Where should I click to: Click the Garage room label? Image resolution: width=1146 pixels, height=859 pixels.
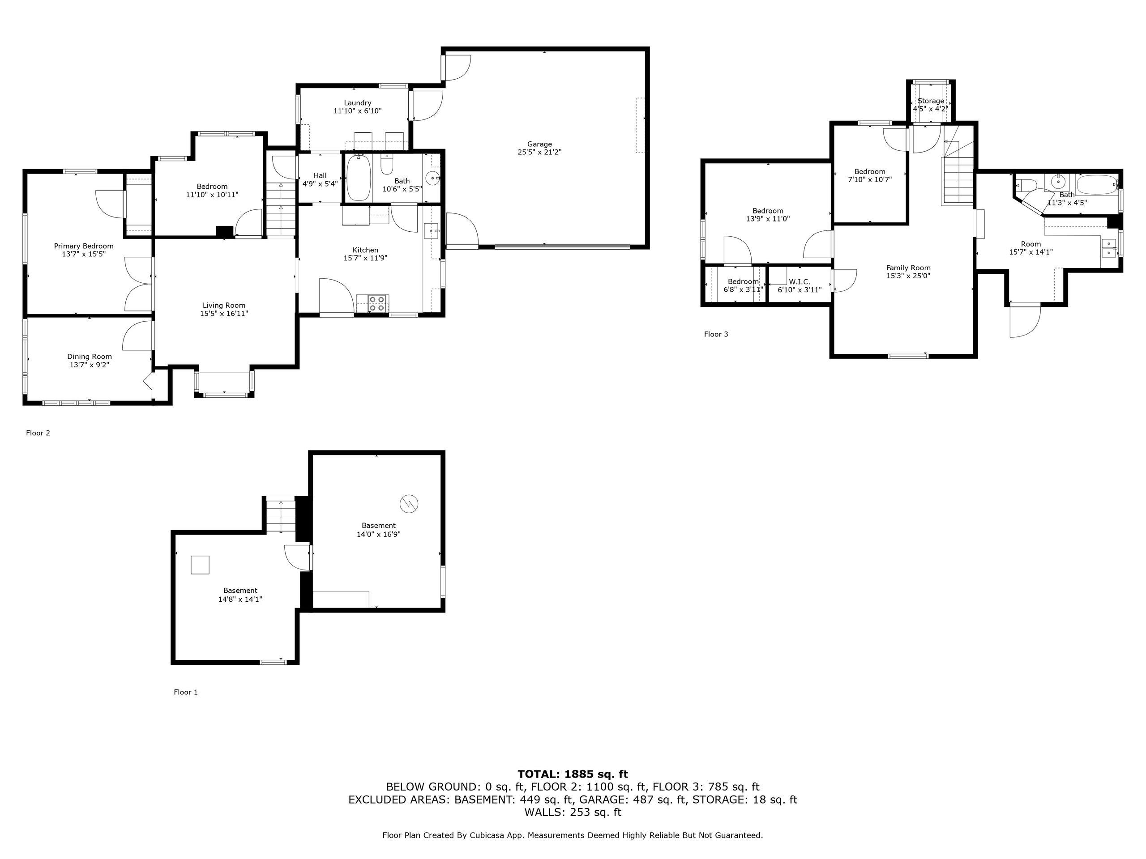[539, 144]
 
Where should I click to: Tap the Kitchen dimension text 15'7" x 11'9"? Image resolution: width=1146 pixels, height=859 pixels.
[365, 258]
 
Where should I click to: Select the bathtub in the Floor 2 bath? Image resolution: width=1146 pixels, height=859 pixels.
[358, 178]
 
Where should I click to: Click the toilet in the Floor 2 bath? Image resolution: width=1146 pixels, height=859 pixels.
[386, 166]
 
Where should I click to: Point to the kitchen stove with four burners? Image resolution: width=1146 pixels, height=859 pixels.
[378, 303]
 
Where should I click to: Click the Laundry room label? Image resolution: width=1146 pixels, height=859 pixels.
[358, 103]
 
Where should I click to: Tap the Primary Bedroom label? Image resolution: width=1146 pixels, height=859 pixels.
[84, 246]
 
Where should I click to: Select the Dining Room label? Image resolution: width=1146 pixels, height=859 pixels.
[90, 356]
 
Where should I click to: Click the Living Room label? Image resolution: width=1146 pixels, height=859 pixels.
[224, 306]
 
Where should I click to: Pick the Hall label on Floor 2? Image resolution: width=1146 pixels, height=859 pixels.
[320, 175]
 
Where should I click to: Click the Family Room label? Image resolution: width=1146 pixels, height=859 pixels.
[908, 268]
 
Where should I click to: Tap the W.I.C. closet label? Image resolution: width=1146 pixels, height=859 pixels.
[800, 282]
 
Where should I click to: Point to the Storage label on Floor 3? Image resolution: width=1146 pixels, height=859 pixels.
[931, 101]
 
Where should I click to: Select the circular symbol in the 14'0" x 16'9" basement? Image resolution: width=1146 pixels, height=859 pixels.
[409, 503]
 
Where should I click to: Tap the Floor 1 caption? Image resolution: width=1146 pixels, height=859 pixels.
[185, 692]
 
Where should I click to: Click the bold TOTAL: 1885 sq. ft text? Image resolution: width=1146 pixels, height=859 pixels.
[573, 774]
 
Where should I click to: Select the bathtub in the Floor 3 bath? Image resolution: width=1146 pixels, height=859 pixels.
[1096, 184]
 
